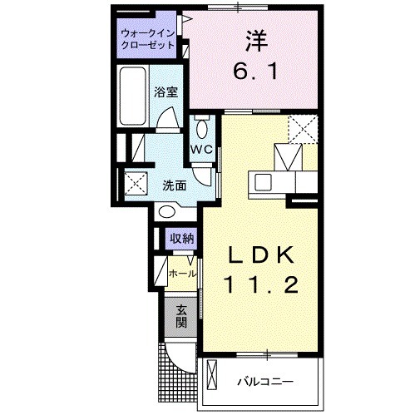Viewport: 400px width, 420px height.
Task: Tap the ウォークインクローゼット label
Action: pos(147,39)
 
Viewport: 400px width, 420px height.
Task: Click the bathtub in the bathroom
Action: pos(133,99)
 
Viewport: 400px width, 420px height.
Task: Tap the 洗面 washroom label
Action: pos(173,185)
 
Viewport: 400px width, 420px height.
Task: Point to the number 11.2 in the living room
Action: pos(259,285)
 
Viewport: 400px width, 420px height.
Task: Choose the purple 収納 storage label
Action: pos(182,239)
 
